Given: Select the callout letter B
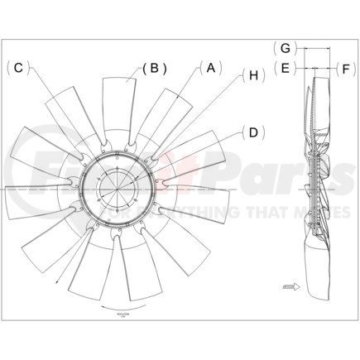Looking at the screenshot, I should pos(154,69).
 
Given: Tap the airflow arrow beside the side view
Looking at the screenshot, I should pos(290,286).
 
